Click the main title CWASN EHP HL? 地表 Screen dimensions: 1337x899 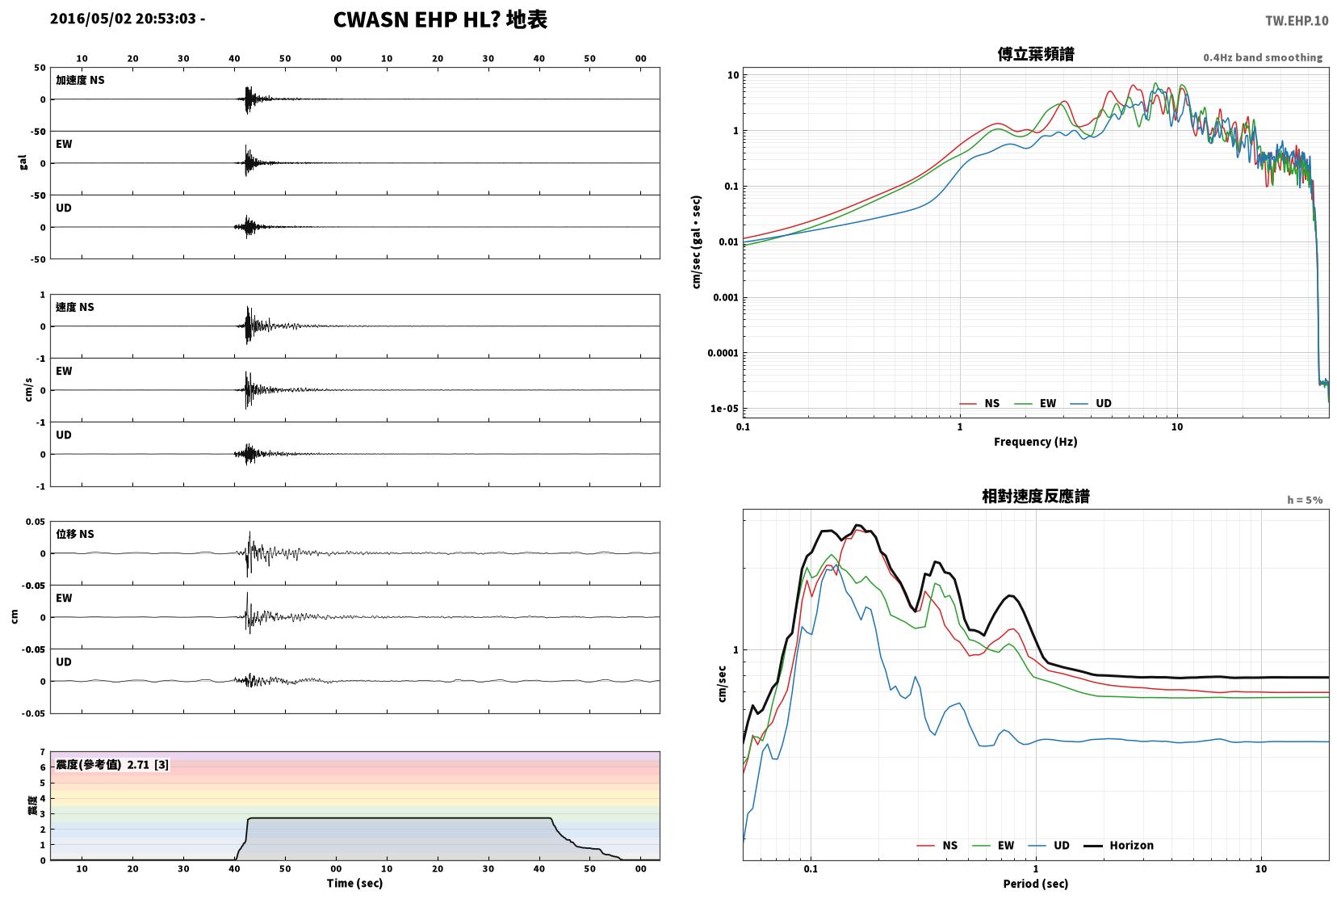(x=440, y=19)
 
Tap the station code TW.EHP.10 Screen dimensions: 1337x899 (x=1297, y=21)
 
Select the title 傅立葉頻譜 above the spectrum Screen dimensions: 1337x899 (x=1036, y=54)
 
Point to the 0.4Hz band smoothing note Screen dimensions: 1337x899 (x=1263, y=58)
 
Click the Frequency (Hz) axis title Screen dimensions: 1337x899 (x=1036, y=442)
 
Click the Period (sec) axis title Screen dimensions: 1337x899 (x=1036, y=884)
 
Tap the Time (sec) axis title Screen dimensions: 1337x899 (x=354, y=883)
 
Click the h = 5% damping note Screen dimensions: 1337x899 (x=1304, y=500)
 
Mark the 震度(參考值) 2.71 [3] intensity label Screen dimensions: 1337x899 (x=112, y=765)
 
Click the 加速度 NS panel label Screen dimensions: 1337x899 (x=80, y=80)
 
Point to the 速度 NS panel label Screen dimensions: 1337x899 (x=74, y=307)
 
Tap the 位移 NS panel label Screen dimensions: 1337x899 (x=74, y=534)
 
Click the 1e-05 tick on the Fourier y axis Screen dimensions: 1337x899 (x=724, y=409)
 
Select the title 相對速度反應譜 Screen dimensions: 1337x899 (x=1036, y=496)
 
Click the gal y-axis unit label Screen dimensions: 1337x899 (x=23, y=163)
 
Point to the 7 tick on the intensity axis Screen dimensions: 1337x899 (x=42, y=752)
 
